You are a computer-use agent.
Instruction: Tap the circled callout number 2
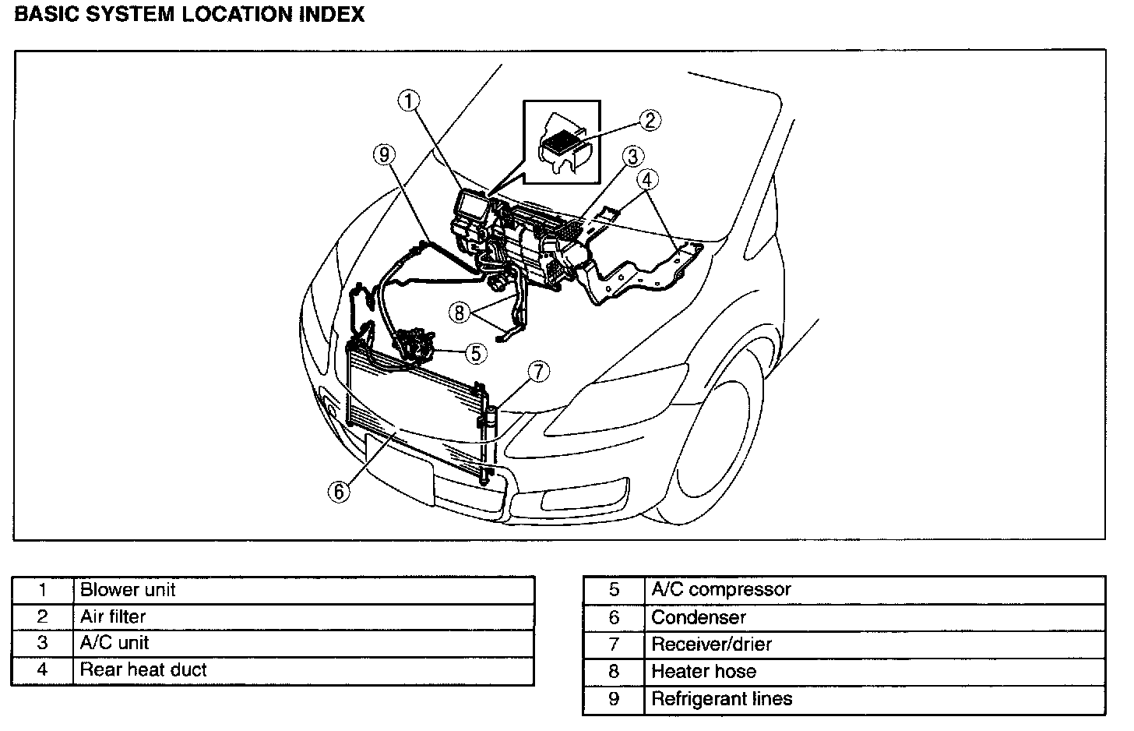coord(650,121)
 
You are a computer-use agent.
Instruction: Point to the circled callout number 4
coord(646,180)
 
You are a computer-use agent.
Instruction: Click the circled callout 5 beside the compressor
coord(477,353)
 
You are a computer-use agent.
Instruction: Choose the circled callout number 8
coord(460,313)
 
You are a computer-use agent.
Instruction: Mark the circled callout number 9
coord(383,155)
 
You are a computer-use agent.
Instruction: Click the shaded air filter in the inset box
coord(558,143)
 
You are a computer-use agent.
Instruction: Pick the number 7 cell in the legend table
coord(614,644)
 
